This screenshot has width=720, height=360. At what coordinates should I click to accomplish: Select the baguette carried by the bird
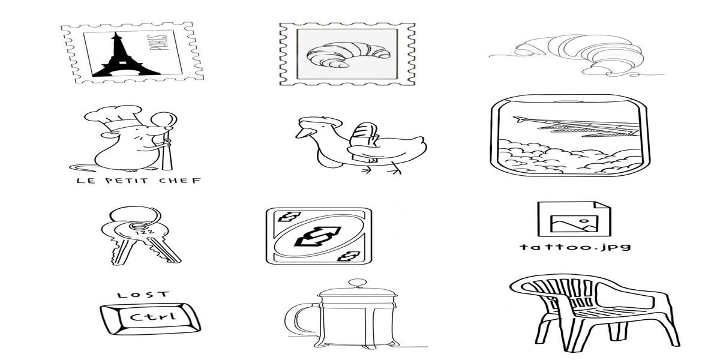pyautogui.click(x=363, y=142)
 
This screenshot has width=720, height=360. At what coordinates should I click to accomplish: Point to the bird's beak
pyautogui.click(x=304, y=133)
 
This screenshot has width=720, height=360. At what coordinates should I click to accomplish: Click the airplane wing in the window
pyautogui.click(x=578, y=127)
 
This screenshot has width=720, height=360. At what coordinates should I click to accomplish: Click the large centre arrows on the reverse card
pyautogui.click(x=318, y=237)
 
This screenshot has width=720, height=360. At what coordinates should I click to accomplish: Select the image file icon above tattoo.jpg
pyautogui.click(x=574, y=219)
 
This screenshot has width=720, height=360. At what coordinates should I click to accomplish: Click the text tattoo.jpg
pyautogui.click(x=575, y=247)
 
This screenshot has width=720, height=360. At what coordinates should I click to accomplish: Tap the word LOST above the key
pyautogui.click(x=143, y=295)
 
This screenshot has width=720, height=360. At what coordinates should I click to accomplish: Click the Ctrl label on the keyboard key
pyautogui.click(x=153, y=317)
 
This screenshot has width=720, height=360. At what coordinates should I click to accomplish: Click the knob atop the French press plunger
pyautogui.click(x=358, y=283)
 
